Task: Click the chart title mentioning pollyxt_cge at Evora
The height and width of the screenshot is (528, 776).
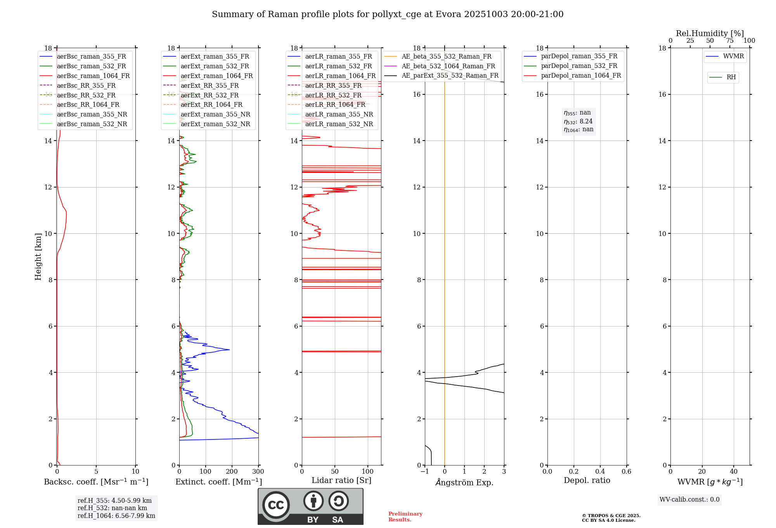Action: click(388, 14)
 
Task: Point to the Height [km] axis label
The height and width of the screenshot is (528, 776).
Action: click(38, 257)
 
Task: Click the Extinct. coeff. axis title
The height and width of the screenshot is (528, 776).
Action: click(219, 482)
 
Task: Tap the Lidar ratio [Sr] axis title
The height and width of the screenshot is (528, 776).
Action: click(341, 480)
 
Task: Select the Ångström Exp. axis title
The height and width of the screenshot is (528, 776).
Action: click(464, 482)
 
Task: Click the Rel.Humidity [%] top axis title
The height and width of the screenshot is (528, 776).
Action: click(710, 33)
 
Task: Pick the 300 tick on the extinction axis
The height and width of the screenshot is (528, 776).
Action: click(258, 472)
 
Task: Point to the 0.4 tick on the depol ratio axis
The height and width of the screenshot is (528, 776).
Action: click(600, 472)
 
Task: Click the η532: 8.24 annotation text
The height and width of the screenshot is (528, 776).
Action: click(578, 121)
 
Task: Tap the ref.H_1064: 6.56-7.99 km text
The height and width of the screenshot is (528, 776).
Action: click(116, 516)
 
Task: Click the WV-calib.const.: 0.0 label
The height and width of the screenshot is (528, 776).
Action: click(689, 500)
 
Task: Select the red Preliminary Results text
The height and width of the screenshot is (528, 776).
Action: click(405, 517)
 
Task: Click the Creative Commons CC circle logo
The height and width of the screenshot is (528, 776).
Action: click(276, 505)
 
